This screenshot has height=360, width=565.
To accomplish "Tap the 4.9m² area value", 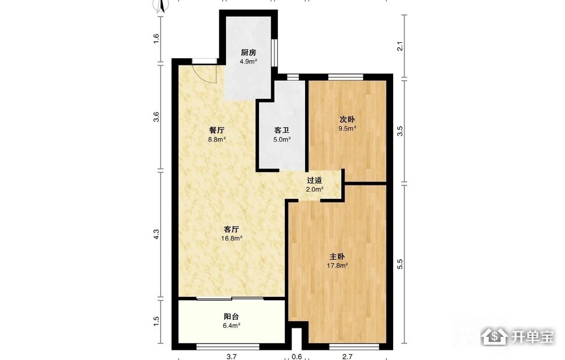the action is coord(248,62).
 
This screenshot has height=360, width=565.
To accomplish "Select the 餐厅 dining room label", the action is coord(217,131).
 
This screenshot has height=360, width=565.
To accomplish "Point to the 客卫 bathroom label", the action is coord(282,131).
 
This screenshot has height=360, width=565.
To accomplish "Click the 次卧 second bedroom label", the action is coord(347,119).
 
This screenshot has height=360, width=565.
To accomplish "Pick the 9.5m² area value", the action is coord(347,128).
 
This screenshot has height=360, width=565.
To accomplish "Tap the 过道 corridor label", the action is coord(315,180).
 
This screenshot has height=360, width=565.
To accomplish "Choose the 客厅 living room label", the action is coord(232,229).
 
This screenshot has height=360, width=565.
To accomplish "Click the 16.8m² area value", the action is coord(232,238).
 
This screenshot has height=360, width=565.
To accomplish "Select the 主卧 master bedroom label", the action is coord(337,257).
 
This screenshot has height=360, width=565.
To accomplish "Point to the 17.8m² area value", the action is coord(337,266).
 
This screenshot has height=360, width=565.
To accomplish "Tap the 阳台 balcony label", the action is coord(231,316).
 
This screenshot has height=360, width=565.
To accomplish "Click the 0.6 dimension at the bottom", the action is coord(297,357).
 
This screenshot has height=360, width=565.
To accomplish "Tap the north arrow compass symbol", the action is coord(160,6).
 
